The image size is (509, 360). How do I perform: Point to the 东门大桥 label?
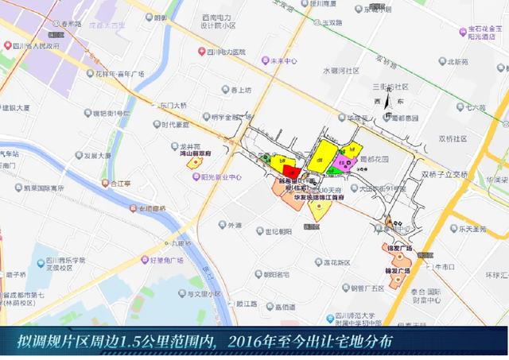point(173,105)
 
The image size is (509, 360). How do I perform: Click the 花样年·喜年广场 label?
point(120,74)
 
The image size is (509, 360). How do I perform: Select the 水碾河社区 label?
point(343,71)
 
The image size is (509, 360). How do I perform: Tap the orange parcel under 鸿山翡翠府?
point(193,162)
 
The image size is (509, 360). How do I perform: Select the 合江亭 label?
point(120,183)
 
